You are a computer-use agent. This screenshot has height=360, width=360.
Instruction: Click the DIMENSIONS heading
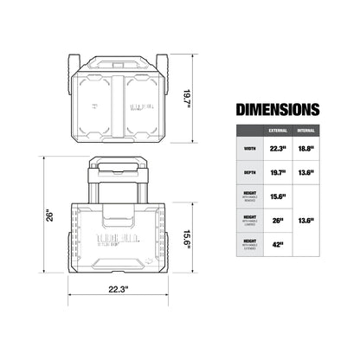276,110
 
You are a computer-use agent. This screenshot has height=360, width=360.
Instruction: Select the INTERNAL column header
305,132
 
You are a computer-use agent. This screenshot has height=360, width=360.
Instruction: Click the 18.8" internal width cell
306,147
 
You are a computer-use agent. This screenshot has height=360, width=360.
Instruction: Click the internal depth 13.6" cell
306,172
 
